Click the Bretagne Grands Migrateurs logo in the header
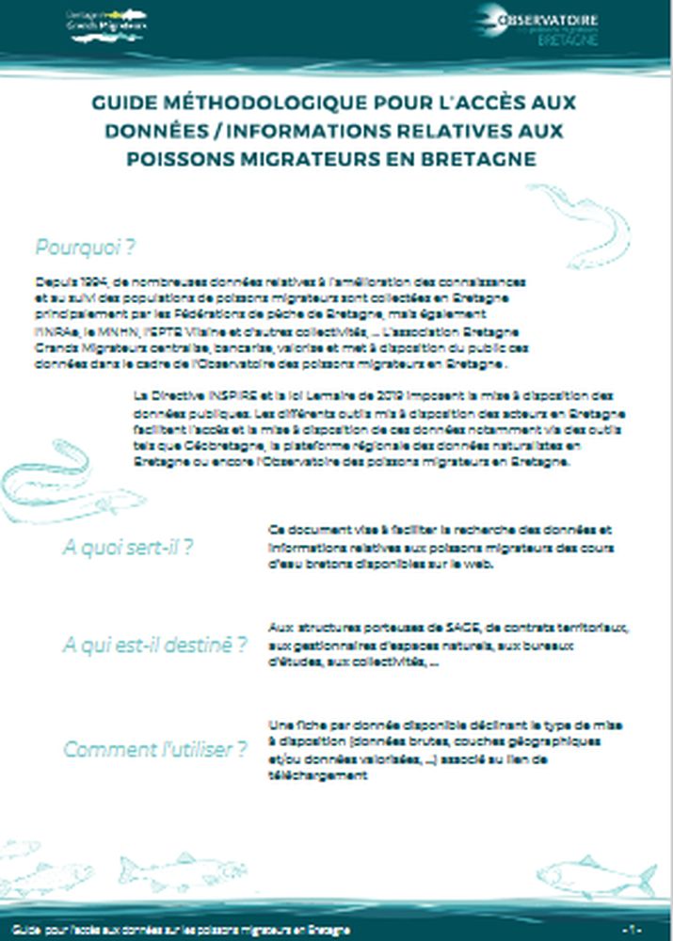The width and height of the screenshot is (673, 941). pyautogui.click(x=106, y=21)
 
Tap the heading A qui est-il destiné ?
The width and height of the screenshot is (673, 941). pyautogui.click(x=154, y=646)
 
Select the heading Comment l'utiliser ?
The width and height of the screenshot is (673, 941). pyautogui.click(x=155, y=750)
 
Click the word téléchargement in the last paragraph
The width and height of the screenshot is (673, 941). pyautogui.click(x=315, y=776)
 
